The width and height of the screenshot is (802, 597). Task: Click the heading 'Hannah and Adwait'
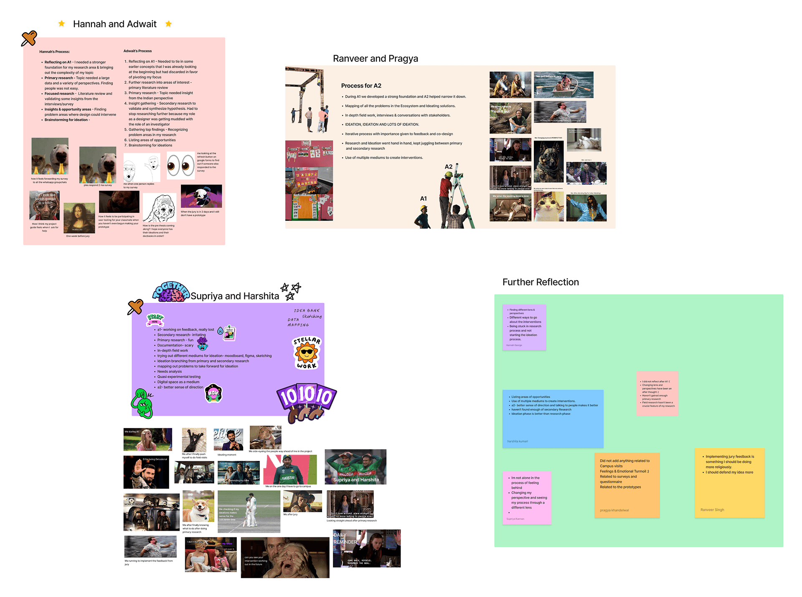click(x=114, y=24)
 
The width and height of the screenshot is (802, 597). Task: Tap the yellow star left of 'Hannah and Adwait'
click(x=61, y=24)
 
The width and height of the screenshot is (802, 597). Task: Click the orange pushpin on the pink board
click(x=29, y=39)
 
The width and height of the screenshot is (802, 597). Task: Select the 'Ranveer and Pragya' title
click(x=375, y=58)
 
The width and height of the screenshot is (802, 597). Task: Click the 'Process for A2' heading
click(x=361, y=86)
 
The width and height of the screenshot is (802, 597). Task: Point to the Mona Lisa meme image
click(x=79, y=218)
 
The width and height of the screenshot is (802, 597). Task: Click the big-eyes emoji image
click(x=180, y=165)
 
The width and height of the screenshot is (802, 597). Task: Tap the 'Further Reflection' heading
click(x=541, y=282)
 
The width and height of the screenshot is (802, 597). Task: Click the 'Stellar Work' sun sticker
click(x=307, y=353)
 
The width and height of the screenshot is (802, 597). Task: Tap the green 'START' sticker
click(x=155, y=319)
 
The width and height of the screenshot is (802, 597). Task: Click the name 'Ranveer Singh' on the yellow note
click(x=712, y=510)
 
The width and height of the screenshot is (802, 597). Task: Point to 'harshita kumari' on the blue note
click(x=518, y=441)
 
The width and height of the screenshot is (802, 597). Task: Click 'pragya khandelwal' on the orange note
click(x=614, y=510)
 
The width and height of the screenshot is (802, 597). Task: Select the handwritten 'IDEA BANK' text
click(x=307, y=311)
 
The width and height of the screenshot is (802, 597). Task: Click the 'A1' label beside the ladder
click(x=423, y=199)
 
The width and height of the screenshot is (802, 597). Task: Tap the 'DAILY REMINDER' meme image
click(x=367, y=548)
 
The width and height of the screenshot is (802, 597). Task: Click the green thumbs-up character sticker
click(x=142, y=403)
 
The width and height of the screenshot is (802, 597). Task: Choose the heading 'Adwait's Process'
click(x=137, y=51)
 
